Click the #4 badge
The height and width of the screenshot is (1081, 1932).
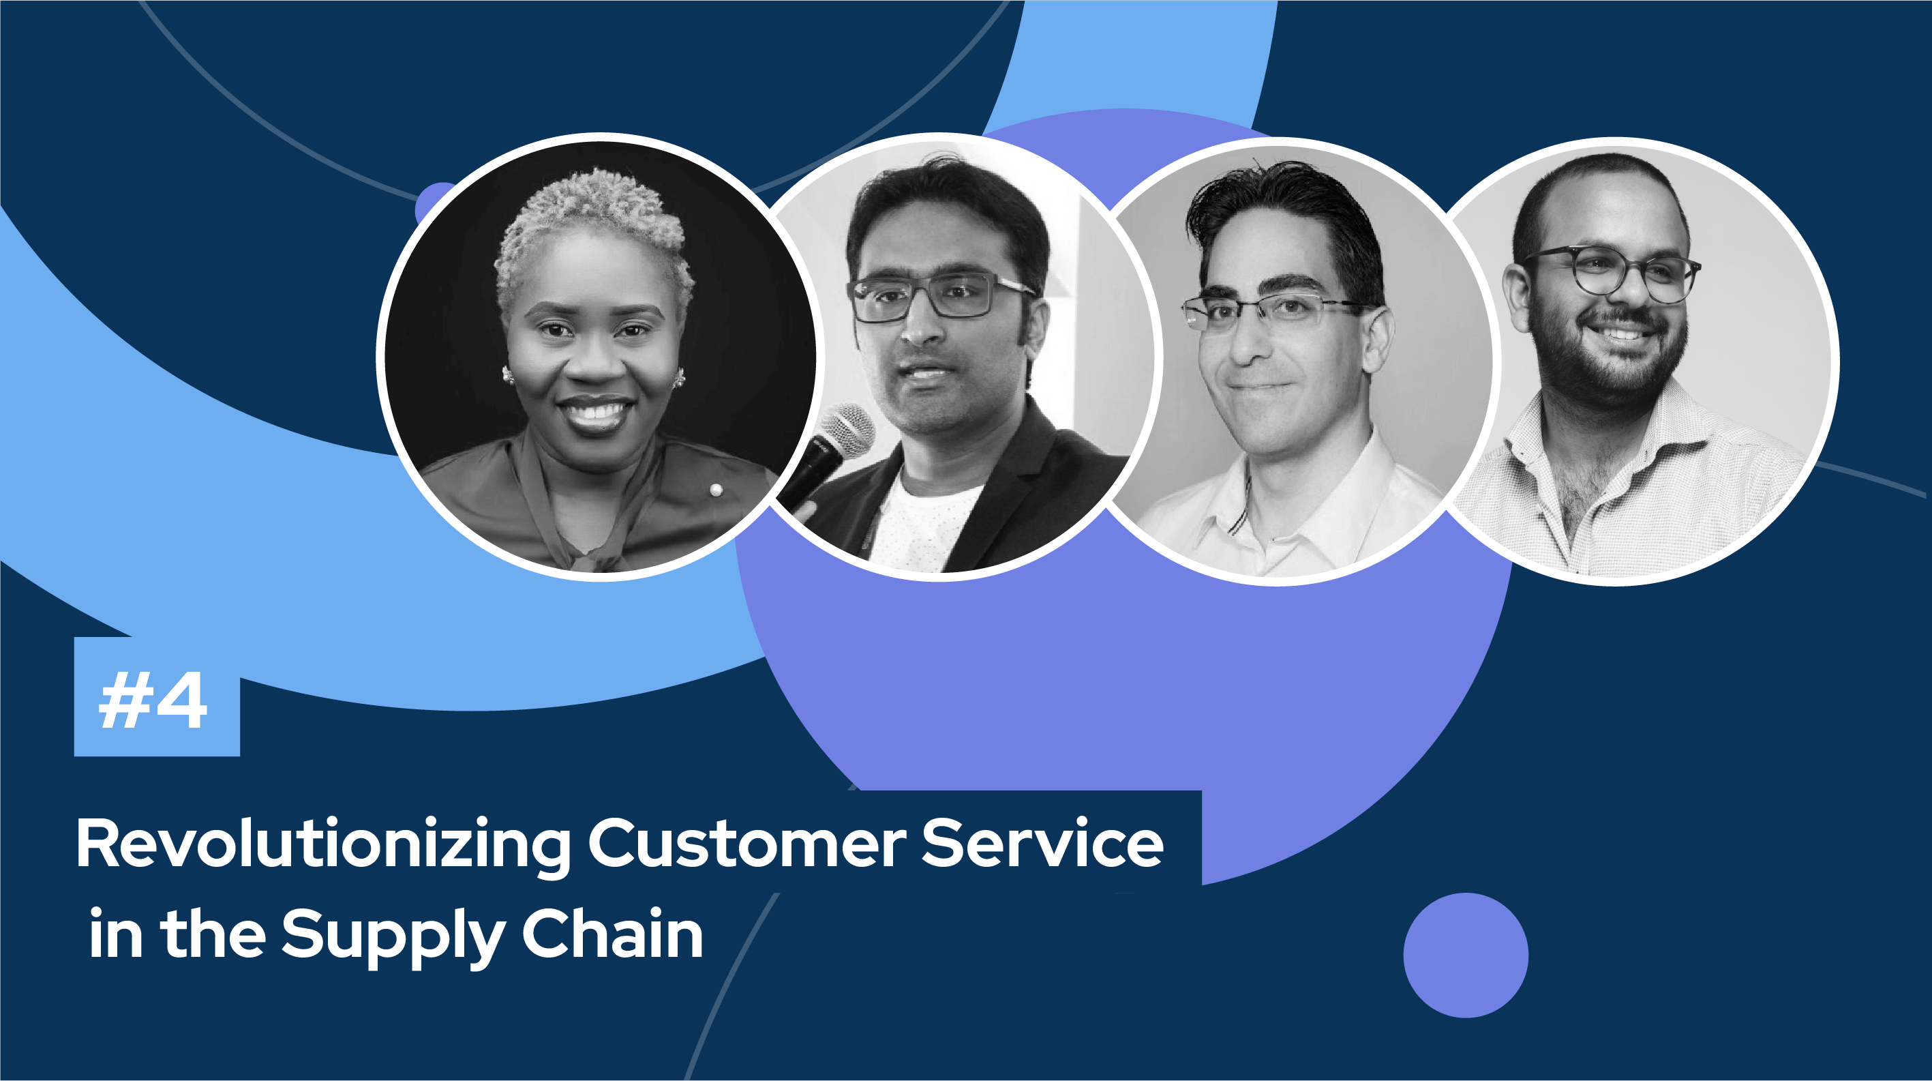157,697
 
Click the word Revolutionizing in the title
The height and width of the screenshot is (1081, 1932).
323,845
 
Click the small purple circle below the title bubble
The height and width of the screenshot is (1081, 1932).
1466,955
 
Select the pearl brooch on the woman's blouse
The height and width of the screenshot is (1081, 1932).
716,490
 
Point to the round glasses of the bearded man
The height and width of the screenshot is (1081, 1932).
1612,273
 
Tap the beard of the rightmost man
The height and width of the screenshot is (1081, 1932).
1605,360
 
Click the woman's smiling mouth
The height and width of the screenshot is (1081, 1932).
594,412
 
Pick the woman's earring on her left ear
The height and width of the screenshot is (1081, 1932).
679,377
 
